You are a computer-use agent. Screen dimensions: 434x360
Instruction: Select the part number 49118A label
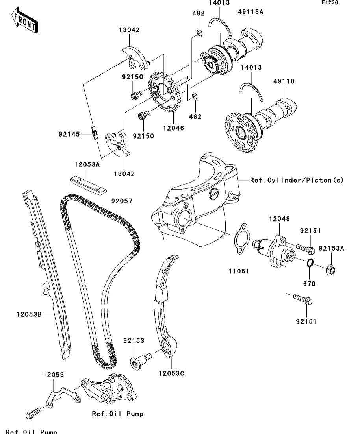coord(250,12)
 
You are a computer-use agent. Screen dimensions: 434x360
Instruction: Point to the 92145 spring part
coord(95,133)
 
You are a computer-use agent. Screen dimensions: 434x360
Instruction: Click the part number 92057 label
coord(121,201)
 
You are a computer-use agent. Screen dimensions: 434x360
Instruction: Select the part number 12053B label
coord(29,314)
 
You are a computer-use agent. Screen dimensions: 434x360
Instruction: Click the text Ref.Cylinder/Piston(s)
coord(297,180)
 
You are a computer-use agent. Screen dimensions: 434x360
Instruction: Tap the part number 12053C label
coord(171,373)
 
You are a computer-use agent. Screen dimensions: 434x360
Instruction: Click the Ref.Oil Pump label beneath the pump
coord(117,414)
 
